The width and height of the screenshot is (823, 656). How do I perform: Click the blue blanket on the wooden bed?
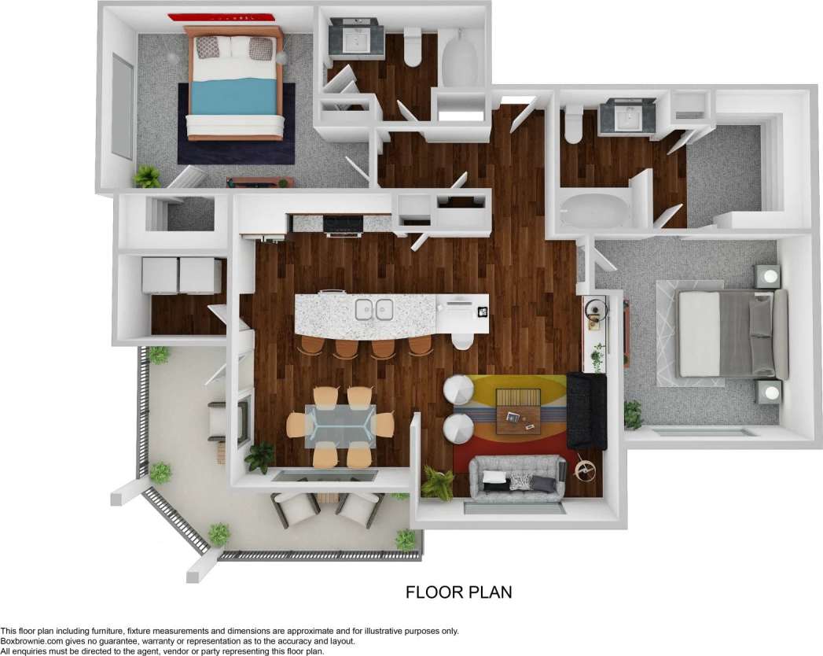(234, 98)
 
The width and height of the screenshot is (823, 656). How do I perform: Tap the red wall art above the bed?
(220, 17)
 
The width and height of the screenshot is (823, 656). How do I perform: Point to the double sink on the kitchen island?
(374, 309)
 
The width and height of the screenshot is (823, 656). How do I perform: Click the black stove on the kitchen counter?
(343, 225)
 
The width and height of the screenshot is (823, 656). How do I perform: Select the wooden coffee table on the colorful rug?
(518, 410)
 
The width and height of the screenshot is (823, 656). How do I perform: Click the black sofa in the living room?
(587, 410)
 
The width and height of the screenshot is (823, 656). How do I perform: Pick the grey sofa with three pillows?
(516, 477)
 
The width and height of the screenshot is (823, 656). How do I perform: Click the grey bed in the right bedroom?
(731, 334)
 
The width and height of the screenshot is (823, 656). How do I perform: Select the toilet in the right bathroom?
(573, 124)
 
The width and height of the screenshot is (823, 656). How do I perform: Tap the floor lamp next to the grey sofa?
(584, 470)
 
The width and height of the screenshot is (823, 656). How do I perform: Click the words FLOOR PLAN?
(458, 592)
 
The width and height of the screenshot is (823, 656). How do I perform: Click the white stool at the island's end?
(462, 341)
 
